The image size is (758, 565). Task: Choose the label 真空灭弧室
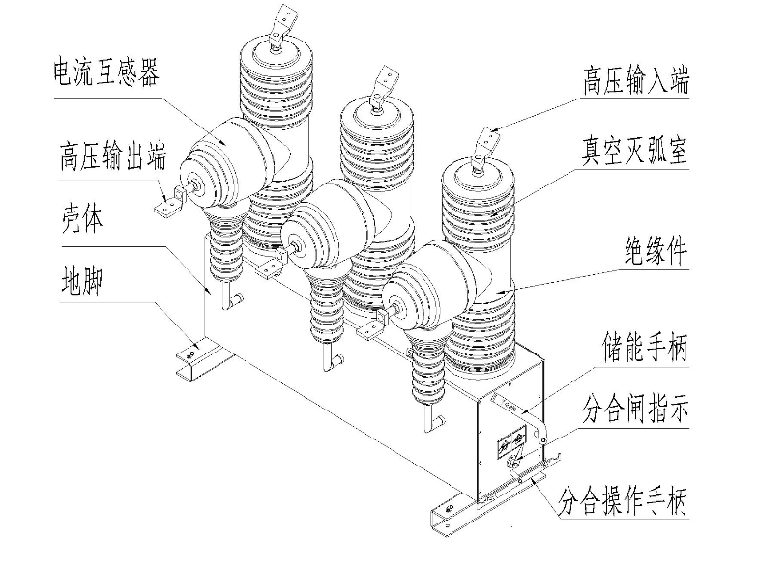click(634, 152)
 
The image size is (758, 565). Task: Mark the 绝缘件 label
click(653, 253)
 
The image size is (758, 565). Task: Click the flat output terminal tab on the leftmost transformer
click(170, 206)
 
